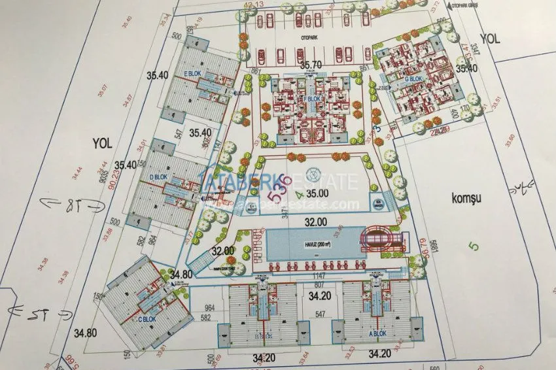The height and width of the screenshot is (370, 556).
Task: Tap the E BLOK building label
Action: tap(193, 73)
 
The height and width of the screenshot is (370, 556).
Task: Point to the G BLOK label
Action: tap(411, 78)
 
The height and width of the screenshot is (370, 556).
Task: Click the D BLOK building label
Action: tap(157, 177)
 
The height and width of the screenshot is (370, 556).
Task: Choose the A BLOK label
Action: tap(379, 332)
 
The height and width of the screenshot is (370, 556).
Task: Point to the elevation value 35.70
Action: tap(313, 65)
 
